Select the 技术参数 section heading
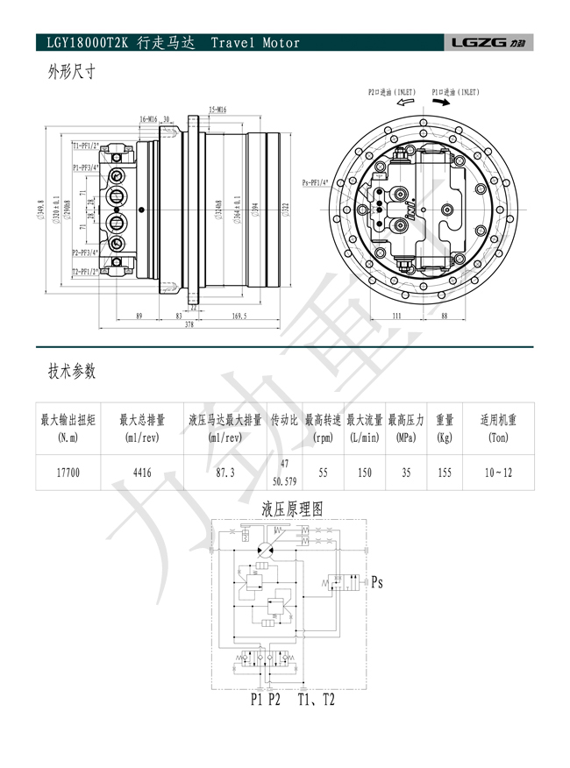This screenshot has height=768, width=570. [x=72, y=371]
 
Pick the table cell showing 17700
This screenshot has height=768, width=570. [x=68, y=473]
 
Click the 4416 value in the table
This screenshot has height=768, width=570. [x=142, y=473]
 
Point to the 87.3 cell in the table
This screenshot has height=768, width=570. [x=224, y=473]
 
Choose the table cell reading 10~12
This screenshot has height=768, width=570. [x=498, y=473]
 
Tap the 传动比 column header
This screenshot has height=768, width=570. [x=284, y=420]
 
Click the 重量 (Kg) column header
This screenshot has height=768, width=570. [x=445, y=428]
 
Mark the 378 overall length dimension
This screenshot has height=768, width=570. [x=189, y=324]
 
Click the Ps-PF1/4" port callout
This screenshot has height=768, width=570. [x=316, y=182]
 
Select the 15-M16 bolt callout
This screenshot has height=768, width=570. [x=218, y=110]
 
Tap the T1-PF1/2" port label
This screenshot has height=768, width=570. [x=86, y=145]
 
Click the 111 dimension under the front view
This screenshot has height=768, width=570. [x=395, y=315]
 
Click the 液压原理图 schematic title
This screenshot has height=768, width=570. [x=293, y=508]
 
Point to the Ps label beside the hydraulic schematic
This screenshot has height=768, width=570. [x=377, y=581]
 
